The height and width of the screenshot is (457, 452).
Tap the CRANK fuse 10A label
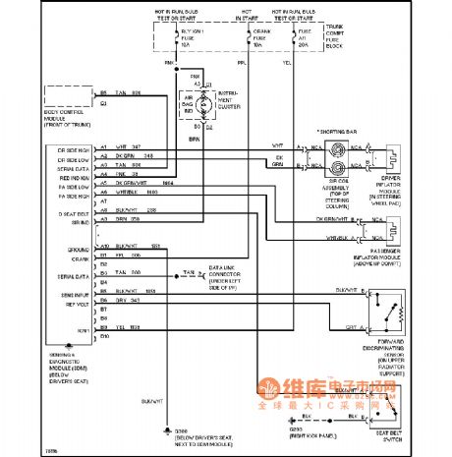[256, 38]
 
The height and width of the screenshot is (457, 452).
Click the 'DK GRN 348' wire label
[131, 155]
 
